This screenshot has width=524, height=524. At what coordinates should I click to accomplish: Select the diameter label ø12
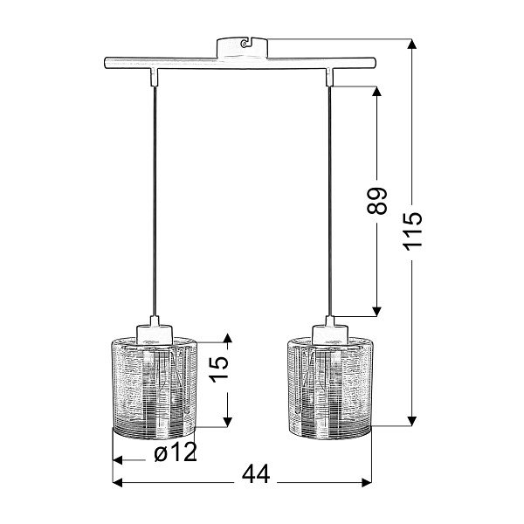[x=175, y=452]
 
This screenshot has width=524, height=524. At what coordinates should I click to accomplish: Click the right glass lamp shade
[x=329, y=387]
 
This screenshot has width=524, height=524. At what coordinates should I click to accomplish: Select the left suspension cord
[x=154, y=201]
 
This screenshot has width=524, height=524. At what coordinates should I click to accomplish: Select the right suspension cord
[x=329, y=201]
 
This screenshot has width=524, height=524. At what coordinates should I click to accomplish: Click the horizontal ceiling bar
[x=240, y=64]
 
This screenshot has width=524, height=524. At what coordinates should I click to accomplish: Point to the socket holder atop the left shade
[x=154, y=331]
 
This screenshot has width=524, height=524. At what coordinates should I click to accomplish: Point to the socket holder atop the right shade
[x=329, y=331]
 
